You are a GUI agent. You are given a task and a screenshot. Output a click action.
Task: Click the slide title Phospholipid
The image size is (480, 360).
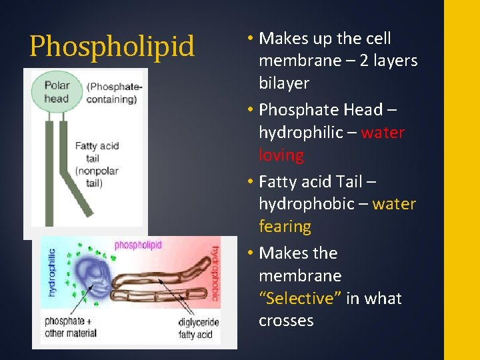[x=112, y=47]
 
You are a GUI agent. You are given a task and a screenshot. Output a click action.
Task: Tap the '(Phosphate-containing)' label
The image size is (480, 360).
[x=111, y=93]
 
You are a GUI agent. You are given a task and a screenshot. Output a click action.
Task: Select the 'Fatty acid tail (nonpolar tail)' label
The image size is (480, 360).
[x=97, y=164]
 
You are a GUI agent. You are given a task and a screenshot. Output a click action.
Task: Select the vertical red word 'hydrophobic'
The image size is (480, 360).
[x=215, y=273]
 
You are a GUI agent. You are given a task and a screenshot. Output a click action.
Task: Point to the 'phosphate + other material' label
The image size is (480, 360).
[x=69, y=327]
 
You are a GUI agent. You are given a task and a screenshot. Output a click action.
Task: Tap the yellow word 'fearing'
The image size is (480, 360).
[x=285, y=227]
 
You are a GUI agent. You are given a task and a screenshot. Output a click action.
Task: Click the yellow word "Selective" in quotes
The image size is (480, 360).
[x=300, y=298]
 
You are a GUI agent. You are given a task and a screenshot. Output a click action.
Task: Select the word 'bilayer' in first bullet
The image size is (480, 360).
[x=284, y=83]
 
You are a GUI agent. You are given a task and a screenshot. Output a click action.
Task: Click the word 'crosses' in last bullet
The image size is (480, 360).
[x=286, y=321]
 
